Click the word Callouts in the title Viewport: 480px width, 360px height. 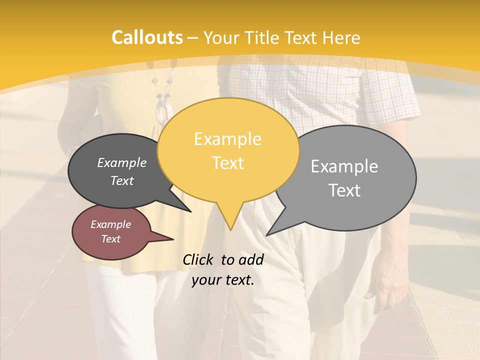click(x=147, y=37)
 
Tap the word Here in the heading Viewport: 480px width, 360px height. click(x=341, y=37)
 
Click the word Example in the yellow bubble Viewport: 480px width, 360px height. click(x=227, y=139)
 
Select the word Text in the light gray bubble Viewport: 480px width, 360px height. click(x=344, y=190)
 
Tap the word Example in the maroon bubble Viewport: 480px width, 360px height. click(x=110, y=224)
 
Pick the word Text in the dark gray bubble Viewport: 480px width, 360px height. click(x=121, y=181)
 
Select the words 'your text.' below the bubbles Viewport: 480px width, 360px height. click(x=223, y=280)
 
